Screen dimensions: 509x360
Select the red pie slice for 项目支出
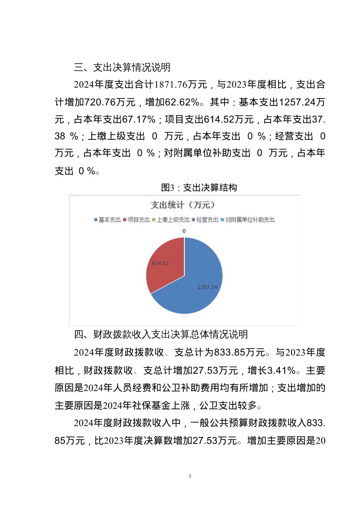(x=166, y=268)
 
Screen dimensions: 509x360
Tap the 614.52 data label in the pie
(x=160, y=263)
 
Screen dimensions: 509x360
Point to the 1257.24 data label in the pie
(x=207, y=287)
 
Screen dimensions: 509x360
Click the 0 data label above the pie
(x=184, y=231)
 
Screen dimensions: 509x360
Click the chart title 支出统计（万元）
(x=183, y=205)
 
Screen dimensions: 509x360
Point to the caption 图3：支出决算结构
(x=199, y=188)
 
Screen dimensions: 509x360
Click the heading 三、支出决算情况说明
(x=122, y=67)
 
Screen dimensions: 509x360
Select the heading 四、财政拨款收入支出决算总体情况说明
(x=161, y=334)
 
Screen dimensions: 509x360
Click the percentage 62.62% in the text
(x=183, y=102)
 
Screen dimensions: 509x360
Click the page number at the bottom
(x=190, y=476)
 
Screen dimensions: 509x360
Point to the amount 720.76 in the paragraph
(x=101, y=102)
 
